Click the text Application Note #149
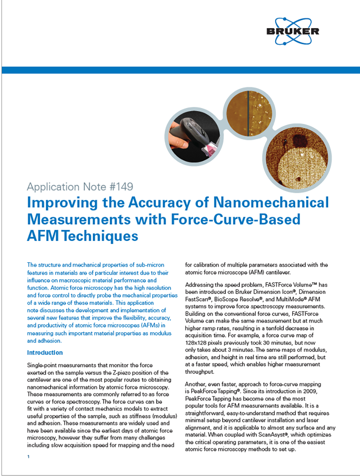[79, 187]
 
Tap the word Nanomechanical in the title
[271, 203]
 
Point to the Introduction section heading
[45, 353]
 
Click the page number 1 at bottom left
[28, 457]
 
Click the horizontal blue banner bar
[180, 70]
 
